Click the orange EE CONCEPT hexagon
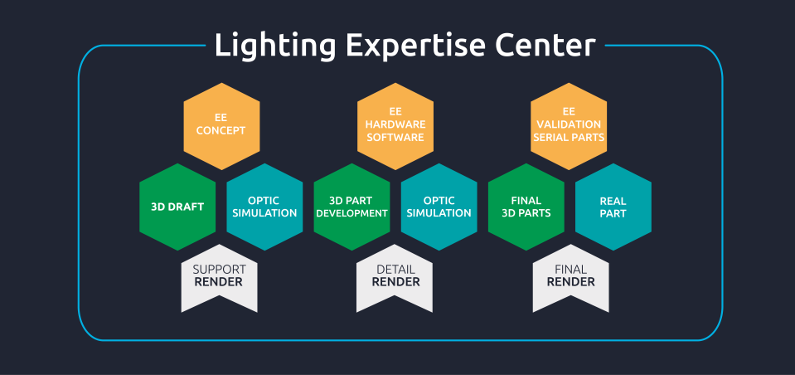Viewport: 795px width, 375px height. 221,124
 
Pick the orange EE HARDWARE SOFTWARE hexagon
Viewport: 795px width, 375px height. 395,124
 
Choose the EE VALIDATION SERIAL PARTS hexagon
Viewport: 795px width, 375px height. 569,124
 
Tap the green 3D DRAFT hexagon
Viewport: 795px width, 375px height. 177,207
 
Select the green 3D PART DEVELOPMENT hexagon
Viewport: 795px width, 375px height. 351,207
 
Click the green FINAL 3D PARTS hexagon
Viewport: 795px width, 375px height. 526,207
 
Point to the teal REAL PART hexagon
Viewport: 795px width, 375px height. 613,207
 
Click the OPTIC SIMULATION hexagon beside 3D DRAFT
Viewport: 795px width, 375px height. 264,207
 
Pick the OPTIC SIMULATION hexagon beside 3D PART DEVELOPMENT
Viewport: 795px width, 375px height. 439,207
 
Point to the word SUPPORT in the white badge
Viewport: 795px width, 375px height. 219,270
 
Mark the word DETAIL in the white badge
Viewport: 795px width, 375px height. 395,270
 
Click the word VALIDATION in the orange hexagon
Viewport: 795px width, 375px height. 569,124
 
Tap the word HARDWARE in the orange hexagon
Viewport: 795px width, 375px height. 395,124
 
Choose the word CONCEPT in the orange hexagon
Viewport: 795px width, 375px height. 221,130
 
